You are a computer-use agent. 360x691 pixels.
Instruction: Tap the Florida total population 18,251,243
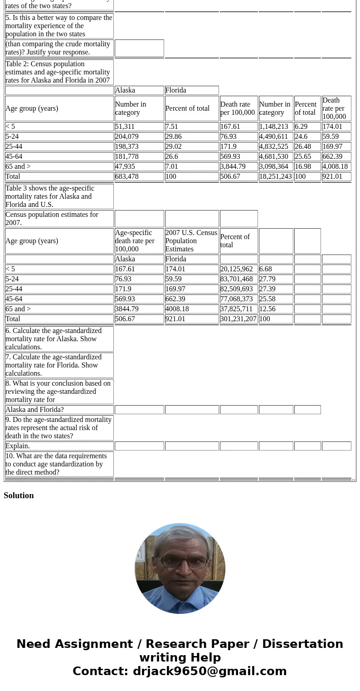click(x=275, y=176)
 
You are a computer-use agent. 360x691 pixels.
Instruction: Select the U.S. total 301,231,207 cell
click(x=238, y=319)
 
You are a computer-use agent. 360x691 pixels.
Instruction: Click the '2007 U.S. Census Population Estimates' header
click(x=191, y=241)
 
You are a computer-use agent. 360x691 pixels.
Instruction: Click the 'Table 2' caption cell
click(x=59, y=72)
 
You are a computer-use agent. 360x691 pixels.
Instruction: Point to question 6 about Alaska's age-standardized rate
click(x=59, y=339)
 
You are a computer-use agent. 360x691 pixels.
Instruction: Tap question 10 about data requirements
click(x=59, y=464)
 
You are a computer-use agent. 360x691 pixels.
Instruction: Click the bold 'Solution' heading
click(x=19, y=495)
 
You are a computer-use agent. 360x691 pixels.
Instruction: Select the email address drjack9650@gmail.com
click(x=209, y=671)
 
